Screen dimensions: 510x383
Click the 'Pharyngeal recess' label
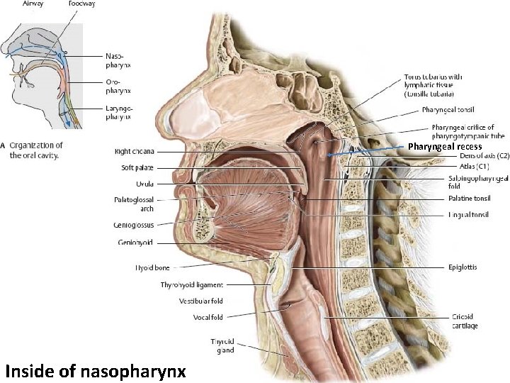click(x=444, y=147)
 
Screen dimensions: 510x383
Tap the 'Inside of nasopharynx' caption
click(x=95, y=369)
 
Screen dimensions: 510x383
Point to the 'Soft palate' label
click(x=134, y=167)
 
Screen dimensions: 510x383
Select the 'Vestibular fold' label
click(x=200, y=301)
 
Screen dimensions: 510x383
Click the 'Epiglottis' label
click(x=463, y=268)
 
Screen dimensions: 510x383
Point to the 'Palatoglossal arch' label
click(x=133, y=204)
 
